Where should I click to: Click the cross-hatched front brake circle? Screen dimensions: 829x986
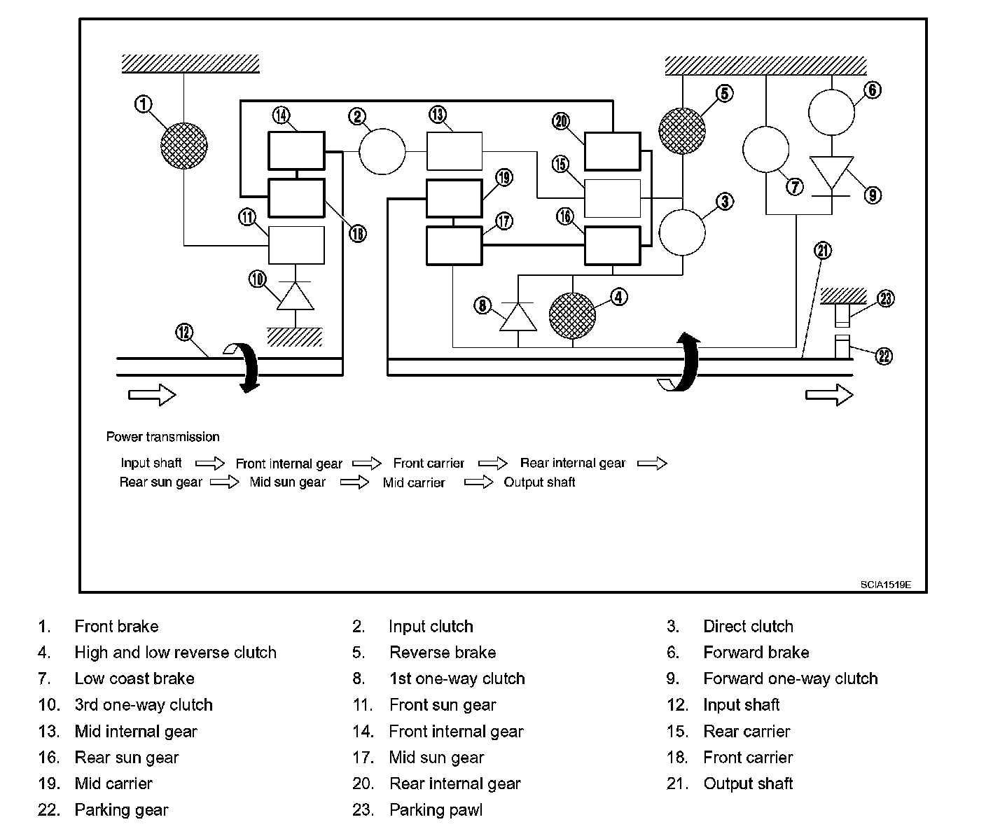click(183, 146)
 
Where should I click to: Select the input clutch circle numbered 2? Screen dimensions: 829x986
click(382, 151)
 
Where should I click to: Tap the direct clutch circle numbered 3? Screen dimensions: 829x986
click(683, 232)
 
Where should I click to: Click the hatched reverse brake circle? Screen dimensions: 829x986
click(682, 130)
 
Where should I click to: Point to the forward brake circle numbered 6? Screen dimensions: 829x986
click(832, 112)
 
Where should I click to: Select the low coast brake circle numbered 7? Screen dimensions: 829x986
click(765, 149)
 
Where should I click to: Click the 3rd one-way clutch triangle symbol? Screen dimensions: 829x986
click(295, 297)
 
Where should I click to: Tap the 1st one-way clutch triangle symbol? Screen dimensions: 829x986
click(518, 316)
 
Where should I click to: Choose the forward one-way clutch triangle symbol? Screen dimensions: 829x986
click(831, 172)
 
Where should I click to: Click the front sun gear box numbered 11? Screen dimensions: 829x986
click(297, 245)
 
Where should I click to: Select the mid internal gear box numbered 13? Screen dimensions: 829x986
click(454, 151)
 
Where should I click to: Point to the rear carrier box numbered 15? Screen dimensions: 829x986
click(613, 198)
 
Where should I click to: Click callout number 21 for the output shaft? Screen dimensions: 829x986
click(824, 251)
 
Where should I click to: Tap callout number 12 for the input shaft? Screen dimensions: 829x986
click(184, 333)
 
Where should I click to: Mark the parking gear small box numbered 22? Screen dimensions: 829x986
click(842, 347)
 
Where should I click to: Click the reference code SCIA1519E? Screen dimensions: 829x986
click(886, 585)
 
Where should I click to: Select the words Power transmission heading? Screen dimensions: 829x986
click(162, 437)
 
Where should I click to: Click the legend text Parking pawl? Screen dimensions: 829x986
click(436, 810)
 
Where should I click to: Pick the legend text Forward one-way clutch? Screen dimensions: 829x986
click(790, 678)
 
